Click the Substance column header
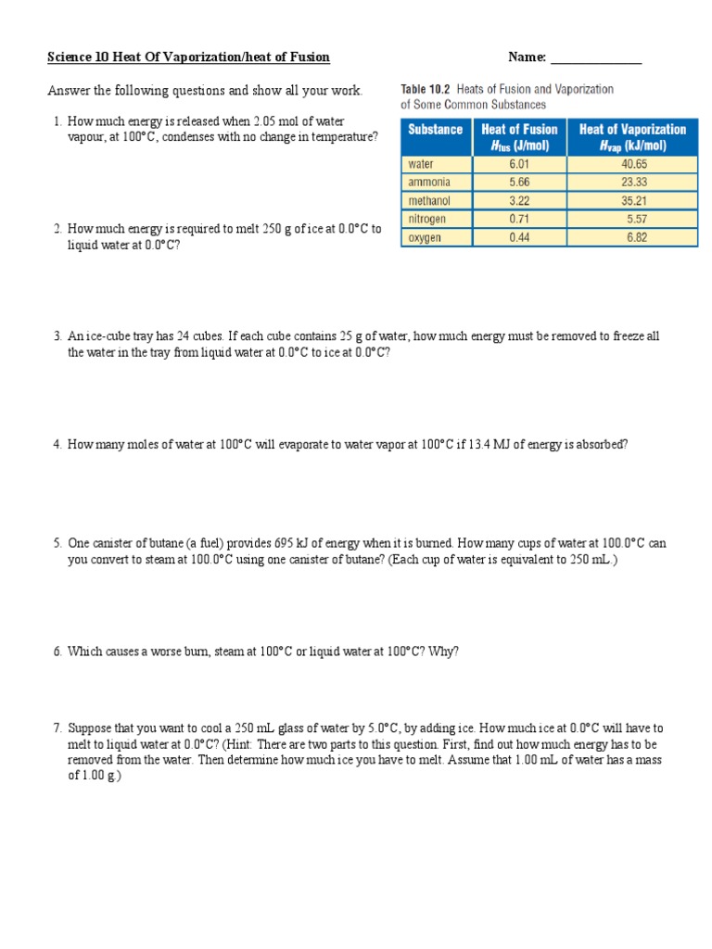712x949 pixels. click(435, 130)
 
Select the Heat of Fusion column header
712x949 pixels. click(519, 137)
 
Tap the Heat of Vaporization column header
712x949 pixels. click(632, 137)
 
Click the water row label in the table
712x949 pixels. click(421, 164)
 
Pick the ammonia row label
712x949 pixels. click(428, 183)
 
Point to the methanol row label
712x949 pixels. click(429, 201)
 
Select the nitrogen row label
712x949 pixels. click(427, 219)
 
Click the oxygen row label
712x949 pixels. click(426, 237)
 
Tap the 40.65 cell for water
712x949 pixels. click(633, 164)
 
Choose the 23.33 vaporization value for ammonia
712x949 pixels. click(633, 183)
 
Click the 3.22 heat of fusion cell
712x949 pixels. click(519, 201)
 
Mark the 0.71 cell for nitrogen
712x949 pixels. click(519, 219)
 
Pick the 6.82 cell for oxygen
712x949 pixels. click(633, 237)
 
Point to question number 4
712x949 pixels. click(56, 444)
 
